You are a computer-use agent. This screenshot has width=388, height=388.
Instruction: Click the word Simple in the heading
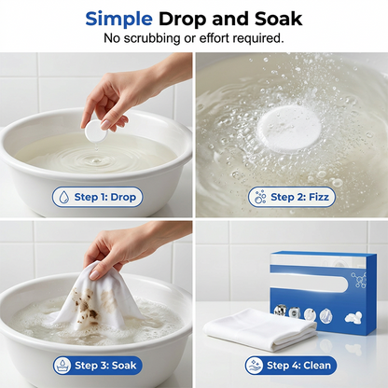tap(118, 20)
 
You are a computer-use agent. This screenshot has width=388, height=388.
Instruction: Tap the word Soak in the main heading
tap(278, 19)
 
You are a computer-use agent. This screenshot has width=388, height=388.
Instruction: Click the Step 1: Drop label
tap(97, 197)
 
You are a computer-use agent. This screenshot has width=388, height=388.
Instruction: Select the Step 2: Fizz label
tap(292, 197)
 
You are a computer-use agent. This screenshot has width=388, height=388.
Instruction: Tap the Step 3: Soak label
tap(97, 366)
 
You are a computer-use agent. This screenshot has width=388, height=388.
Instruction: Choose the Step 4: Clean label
tap(291, 366)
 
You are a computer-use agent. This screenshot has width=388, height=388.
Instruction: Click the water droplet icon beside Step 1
tap(64, 197)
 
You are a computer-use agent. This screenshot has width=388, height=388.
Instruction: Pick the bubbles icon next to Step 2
tap(260, 197)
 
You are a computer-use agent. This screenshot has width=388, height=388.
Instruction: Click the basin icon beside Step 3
tap(63, 366)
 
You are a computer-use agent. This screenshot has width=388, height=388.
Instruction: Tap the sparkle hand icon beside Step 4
tap(255, 366)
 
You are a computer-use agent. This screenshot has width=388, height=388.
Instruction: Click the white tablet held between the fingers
tap(95, 132)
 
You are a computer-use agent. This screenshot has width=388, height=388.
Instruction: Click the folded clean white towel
tap(260, 330)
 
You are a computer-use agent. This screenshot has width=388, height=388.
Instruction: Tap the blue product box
tap(324, 292)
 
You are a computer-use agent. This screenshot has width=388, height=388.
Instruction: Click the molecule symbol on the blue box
tap(360, 281)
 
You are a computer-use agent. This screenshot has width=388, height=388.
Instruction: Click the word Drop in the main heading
tap(183, 20)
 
